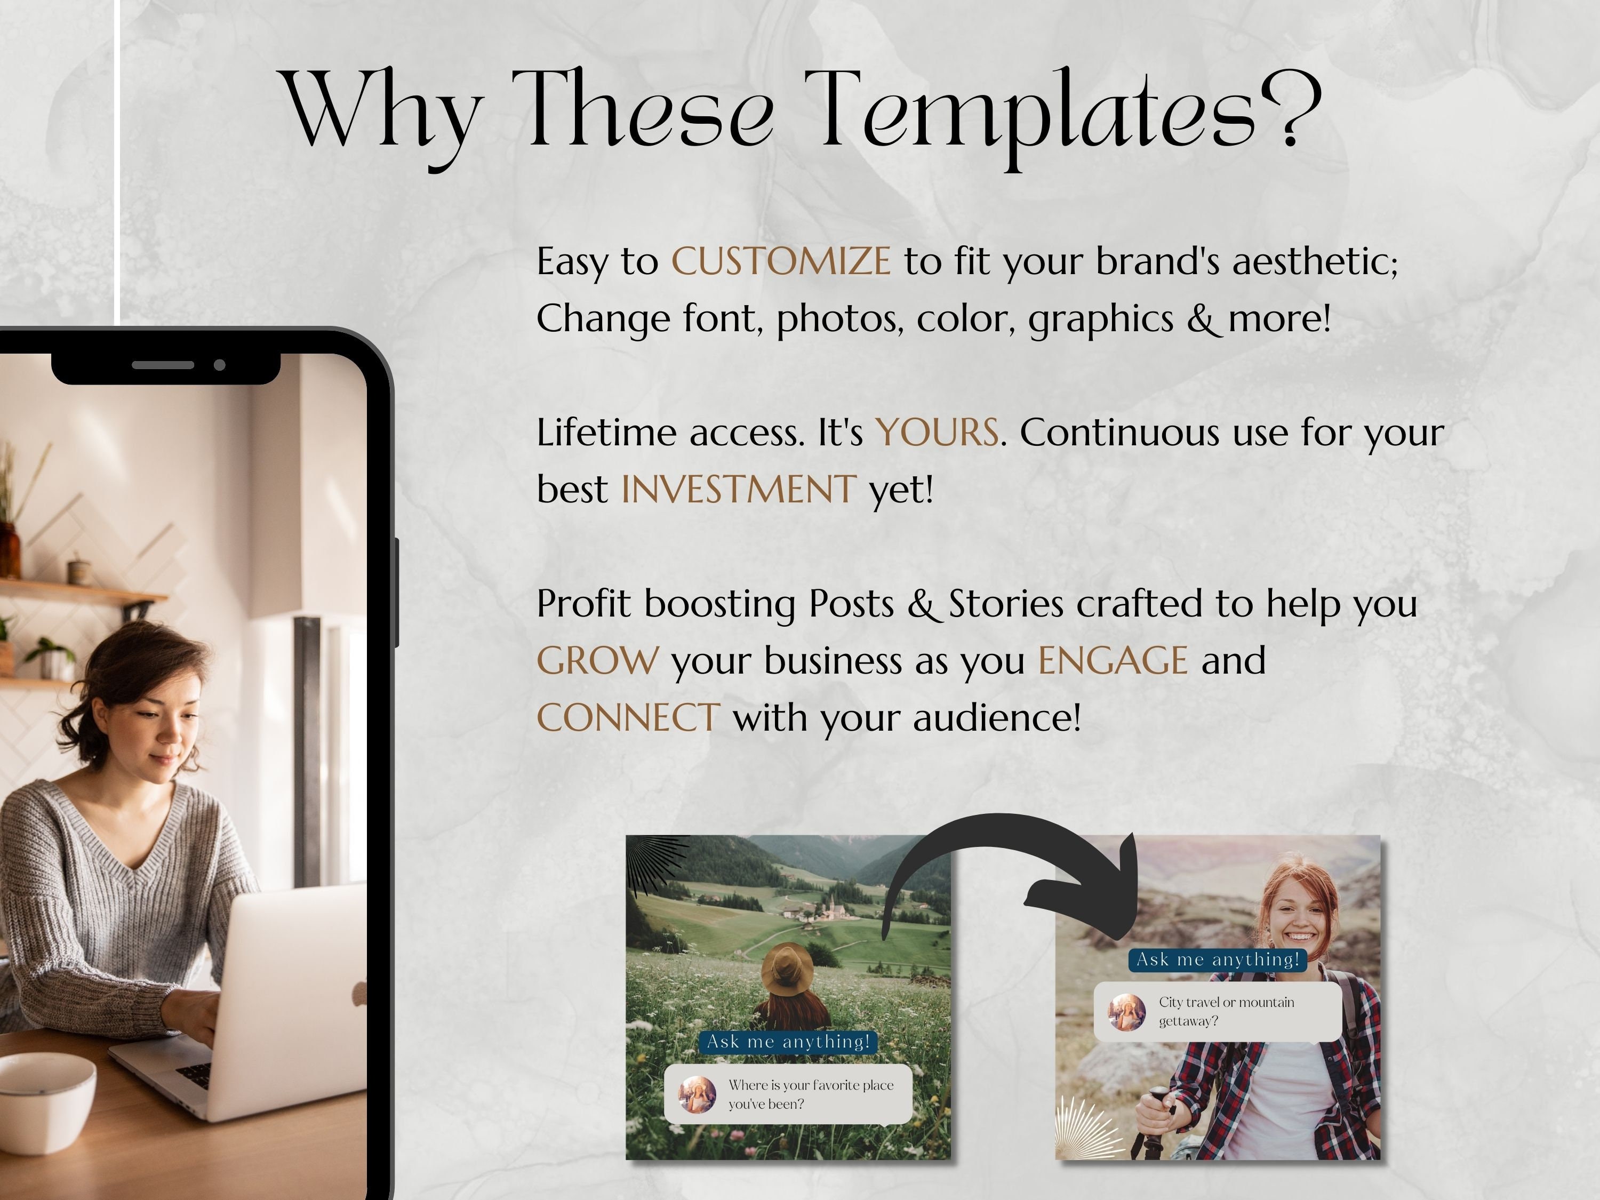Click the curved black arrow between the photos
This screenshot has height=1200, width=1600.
[x=1013, y=861]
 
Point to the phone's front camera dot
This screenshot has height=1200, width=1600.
[x=220, y=365]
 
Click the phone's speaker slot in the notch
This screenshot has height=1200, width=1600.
[x=163, y=365]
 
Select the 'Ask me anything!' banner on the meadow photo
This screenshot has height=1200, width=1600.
[x=788, y=1042]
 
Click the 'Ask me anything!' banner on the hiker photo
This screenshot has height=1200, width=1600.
[x=1218, y=960]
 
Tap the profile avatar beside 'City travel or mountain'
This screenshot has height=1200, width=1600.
[x=1127, y=1011]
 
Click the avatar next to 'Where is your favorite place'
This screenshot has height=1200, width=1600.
[x=697, y=1094]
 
